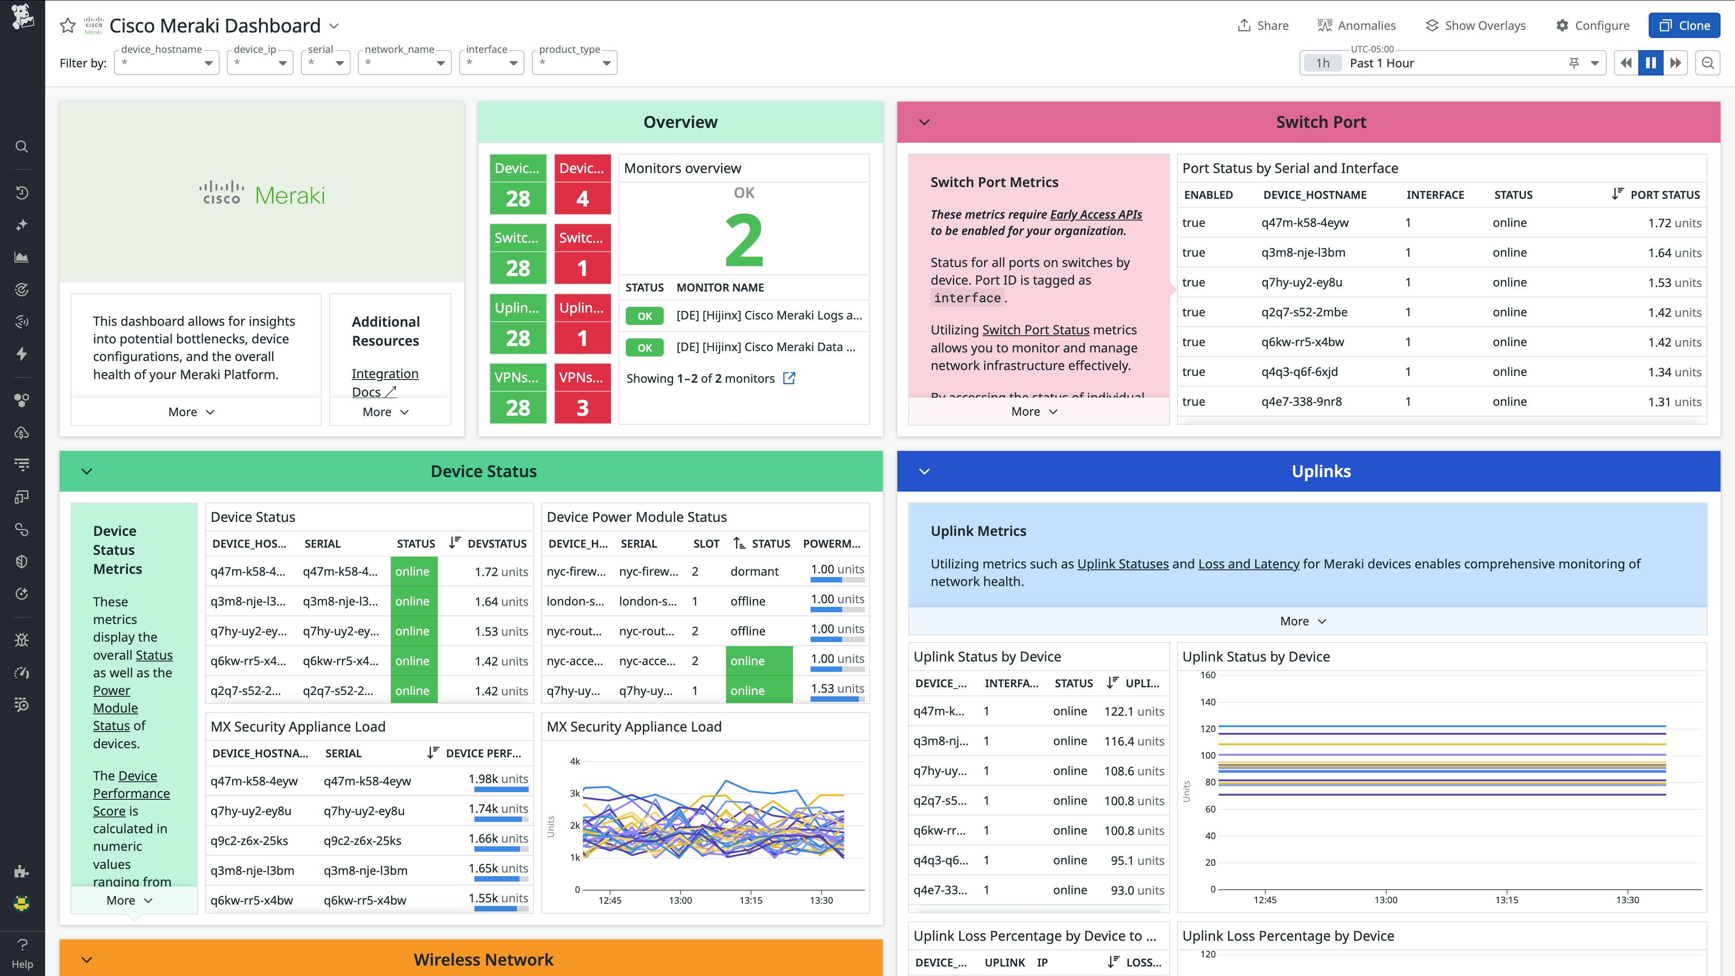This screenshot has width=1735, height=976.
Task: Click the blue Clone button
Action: pyautogui.click(x=1684, y=26)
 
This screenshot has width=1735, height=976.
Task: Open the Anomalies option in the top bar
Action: pyautogui.click(x=1356, y=26)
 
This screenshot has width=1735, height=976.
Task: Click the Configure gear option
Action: pyautogui.click(x=1592, y=26)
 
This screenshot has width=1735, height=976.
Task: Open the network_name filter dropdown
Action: pyautogui.click(x=404, y=63)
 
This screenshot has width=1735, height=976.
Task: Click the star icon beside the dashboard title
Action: pyautogui.click(x=67, y=26)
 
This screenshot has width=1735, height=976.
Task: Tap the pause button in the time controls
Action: pyautogui.click(x=1650, y=63)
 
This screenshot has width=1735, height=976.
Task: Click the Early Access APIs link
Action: pyautogui.click(x=1095, y=214)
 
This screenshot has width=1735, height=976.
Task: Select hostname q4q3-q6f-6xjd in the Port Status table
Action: pyautogui.click(x=1299, y=372)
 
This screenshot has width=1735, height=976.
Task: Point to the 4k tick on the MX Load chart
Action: pyautogui.click(x=575, y=761)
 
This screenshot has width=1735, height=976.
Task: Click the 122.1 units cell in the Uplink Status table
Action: pyautogui.click(x=1134, y=711)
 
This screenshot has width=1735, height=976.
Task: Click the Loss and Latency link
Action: pyautogui.click(x=1248, y=564)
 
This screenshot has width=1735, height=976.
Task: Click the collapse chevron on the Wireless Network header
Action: pyautogui.click(x=87, y=959)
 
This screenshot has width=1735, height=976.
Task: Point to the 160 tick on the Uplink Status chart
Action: pyautogui.click(x=1208, y=675)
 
